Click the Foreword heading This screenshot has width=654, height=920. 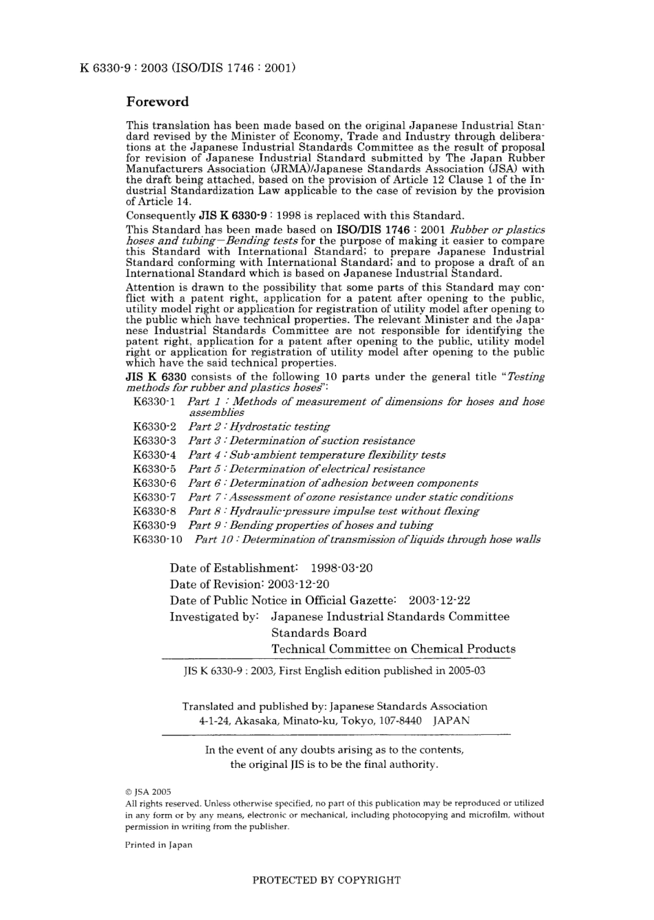(x=157, y=102)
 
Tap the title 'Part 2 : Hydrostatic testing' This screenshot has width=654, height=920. (x=259, y=427)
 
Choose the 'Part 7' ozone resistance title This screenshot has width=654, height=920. (x=350, y=497)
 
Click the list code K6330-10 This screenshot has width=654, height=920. (x=158, y=539)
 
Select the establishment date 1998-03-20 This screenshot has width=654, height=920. (x=341, y=568)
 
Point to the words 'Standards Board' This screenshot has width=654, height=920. (x=319, y=633)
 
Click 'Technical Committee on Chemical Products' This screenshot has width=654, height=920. (x=393, y=649)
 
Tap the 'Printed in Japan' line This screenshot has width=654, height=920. (x=158, y=845)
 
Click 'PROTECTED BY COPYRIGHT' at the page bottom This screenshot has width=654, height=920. (x=326, y=880)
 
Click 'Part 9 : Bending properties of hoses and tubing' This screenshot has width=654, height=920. (x=310, y=525)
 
